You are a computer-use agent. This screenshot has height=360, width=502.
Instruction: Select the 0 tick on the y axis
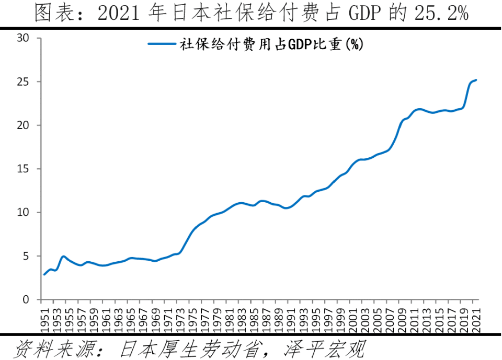(26, 300)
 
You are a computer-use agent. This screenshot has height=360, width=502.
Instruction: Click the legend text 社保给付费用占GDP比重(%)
(272, 44)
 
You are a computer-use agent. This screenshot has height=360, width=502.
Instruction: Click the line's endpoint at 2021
(476, 80)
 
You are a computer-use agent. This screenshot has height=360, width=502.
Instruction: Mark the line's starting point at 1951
(44, 274)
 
